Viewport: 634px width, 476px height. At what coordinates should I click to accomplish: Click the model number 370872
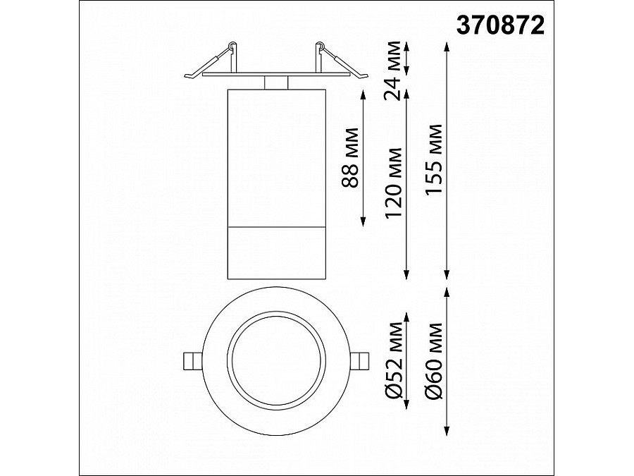501,25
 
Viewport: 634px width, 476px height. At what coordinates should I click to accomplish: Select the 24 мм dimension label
400,71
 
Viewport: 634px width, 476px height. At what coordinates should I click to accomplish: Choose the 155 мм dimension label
436,159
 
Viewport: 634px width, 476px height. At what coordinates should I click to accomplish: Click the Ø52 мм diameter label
396,359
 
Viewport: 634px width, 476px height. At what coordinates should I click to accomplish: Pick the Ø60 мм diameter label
436,359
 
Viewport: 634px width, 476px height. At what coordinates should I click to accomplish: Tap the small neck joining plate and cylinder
275,83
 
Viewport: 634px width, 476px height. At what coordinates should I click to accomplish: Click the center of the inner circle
275,359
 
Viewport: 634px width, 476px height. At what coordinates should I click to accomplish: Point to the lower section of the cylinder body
275,251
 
